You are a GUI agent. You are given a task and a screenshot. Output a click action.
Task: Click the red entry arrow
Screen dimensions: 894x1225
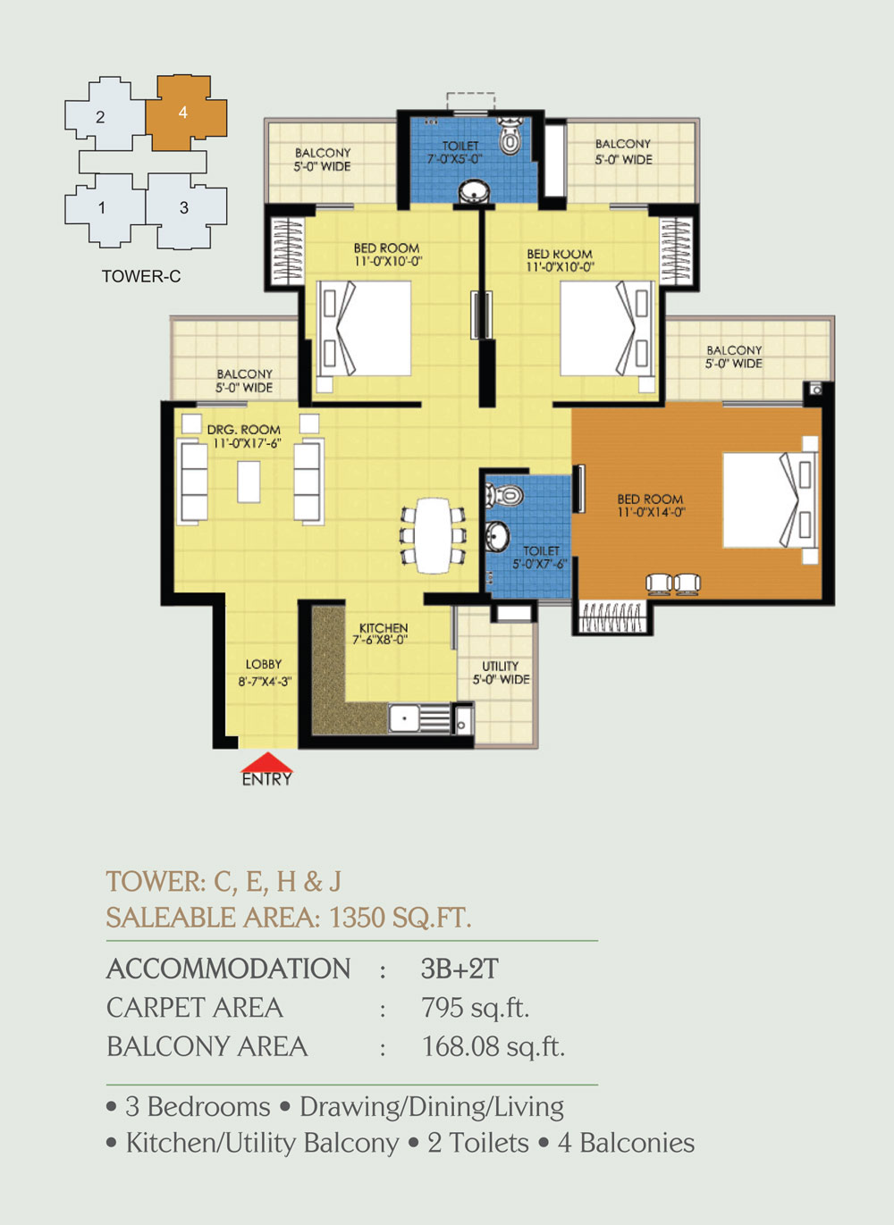[267, 762]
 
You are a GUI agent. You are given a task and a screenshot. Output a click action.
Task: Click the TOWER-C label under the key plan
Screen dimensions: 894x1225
[141, 276]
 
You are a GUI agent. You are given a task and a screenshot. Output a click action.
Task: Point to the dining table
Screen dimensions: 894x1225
[434, 535]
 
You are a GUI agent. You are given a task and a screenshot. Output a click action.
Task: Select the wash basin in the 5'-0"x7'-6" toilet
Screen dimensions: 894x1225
[497, 536]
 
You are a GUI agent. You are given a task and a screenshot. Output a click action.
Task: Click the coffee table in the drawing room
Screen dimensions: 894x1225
[249, 482]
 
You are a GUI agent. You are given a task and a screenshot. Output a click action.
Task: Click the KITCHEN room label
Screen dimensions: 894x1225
[384, 628]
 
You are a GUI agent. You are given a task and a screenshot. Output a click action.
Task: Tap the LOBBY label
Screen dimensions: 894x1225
[264, 664]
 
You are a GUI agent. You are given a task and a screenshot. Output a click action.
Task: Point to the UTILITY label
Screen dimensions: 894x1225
[500, 666]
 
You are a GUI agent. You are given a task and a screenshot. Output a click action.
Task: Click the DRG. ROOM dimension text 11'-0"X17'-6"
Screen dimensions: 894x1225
[248, 443]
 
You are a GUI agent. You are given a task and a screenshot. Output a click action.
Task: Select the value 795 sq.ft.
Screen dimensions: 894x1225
[475, 1008]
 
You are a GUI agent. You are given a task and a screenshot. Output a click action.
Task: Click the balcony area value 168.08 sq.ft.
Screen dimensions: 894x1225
[493, 1046]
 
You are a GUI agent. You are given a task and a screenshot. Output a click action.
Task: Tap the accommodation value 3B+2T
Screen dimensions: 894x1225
[460, 969]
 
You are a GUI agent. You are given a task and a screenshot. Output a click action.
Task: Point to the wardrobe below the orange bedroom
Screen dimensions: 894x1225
[612, 618]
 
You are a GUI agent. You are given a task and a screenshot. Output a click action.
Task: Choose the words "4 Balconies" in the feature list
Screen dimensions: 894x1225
[626, 1143]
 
